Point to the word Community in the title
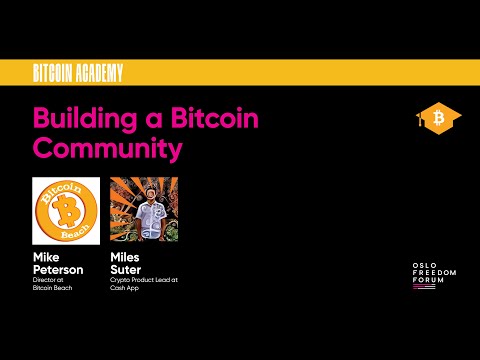point(107,148)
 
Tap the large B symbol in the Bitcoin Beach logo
point(66,211)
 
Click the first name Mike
point(46,256)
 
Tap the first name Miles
point(124,256)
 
